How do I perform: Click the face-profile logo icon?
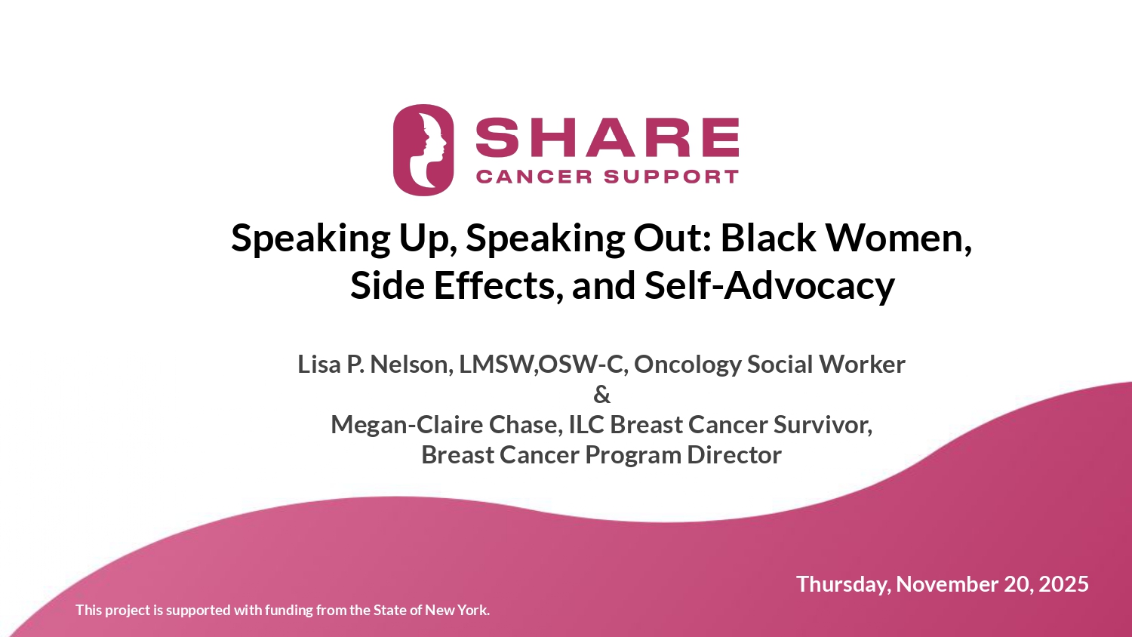point(423,149)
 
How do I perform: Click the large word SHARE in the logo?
point(607,137)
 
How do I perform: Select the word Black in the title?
point(768,238)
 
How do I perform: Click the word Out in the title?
point(671,238)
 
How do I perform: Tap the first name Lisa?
point(319,365)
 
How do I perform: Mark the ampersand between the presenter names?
point(601,395)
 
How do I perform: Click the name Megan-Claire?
point(407,425)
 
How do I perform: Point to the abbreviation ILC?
point(586,425)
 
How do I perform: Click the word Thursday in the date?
point(844,584)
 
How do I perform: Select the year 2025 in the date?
point(1063,584)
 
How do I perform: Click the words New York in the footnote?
point(457,610)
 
